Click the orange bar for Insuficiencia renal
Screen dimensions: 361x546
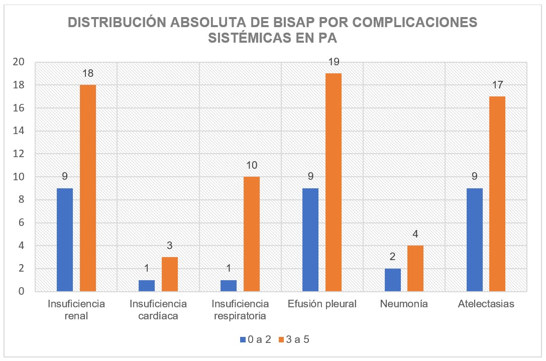(x=88, y=188)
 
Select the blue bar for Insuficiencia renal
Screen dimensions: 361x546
(x=65, y=240)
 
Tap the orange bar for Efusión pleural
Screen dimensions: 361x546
(x=334, y=182)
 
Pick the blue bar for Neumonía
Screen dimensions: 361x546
(x=393, y=280)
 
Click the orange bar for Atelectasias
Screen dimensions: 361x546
(x=497, y=194)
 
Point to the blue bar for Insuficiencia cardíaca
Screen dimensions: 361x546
(x=147, y=286)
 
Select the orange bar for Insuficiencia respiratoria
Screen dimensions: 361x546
(x=252, y=234)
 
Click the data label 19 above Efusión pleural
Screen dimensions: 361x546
(x=334, y=62)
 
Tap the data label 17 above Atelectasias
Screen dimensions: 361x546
(x=497, y=85)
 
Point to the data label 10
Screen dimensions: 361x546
(x=252, y=166)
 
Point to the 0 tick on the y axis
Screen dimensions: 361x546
(x=21, y=292)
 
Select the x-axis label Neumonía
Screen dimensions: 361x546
(x=404, y=304)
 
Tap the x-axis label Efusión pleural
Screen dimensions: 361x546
(x=322, y=304)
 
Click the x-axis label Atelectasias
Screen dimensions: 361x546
(x=486, y=304)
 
